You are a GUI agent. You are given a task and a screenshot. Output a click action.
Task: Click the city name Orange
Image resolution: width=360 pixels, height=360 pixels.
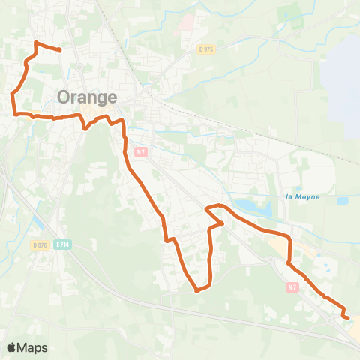coord(87,97)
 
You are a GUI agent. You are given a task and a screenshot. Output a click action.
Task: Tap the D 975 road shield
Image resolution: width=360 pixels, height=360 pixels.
coord(207,49)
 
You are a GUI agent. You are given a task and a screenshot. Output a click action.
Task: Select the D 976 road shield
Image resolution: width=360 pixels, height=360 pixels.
coord(40,244)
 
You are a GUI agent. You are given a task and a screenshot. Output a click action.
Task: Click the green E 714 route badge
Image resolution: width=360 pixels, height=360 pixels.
coord(63,244)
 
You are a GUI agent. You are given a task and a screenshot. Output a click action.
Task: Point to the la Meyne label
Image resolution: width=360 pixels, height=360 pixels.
coord(302,197)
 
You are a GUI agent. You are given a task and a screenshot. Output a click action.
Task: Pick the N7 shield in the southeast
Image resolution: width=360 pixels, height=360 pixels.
coord(292,286)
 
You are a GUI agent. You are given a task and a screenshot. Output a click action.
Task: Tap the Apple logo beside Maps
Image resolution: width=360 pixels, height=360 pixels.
coord(13,347)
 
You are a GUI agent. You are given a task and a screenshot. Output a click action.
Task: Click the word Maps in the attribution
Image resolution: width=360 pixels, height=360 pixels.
coord(34,347)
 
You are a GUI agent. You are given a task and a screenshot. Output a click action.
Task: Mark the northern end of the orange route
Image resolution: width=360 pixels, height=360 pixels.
coord(59,50)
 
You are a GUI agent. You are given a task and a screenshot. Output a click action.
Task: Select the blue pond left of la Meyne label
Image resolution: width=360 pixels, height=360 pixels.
coord(247,205)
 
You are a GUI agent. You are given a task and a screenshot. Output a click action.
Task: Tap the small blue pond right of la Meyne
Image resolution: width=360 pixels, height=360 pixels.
coord(342,201)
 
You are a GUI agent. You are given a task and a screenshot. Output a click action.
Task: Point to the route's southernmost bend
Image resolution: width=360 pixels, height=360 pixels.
coord(196,290)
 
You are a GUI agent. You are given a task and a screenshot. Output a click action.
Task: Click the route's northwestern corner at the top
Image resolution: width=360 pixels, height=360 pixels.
coord(36,41)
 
